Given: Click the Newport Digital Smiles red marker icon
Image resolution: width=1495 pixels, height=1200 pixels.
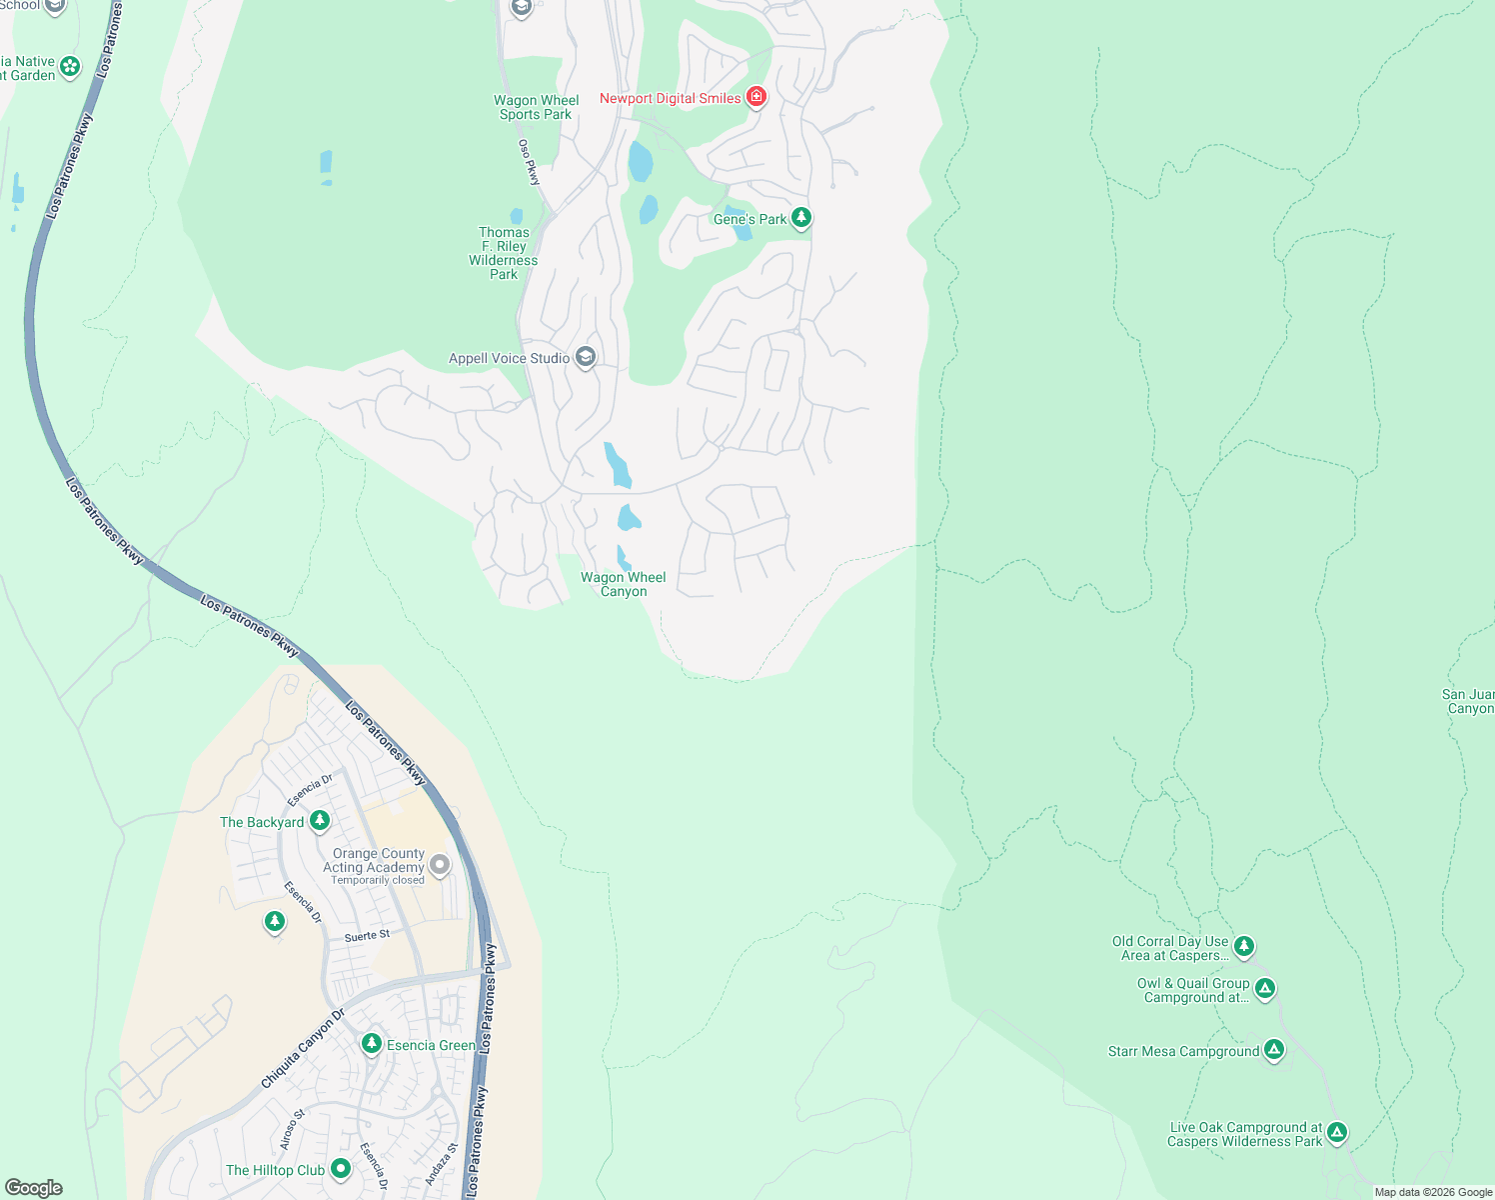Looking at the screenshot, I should [756, 97].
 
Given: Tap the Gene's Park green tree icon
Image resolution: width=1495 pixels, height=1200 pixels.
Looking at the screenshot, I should [800, 218].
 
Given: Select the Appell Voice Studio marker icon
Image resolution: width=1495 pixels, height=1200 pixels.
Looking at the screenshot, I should [586, 357].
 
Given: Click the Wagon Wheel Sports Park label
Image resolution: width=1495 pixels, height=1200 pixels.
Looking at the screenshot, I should [536, 107].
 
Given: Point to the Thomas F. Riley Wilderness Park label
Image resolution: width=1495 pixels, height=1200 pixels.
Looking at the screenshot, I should [504, 253].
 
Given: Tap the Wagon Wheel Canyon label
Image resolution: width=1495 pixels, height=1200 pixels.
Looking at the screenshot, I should [624, 584].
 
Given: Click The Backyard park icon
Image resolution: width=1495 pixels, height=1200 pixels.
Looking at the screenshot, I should [320, 821].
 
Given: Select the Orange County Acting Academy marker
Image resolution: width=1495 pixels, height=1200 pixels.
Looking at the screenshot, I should [439, 864].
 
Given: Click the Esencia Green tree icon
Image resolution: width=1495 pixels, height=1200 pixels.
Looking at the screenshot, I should [372, 1044].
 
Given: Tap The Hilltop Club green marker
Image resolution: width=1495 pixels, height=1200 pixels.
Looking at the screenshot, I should [341, 1168].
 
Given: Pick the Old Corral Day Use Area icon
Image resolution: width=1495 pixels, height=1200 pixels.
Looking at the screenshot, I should [1243, 946].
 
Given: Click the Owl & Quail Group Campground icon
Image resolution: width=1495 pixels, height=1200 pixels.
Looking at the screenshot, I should [1265, 989].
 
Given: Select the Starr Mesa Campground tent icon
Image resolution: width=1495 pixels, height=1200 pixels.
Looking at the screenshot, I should [1273, 1050].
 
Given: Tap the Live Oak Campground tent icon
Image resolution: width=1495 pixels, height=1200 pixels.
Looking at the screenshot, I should [1337, 1133].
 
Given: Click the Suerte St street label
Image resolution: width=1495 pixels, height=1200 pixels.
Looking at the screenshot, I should [367, 936].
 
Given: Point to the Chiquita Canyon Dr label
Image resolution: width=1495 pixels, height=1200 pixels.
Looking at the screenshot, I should [302, 1048].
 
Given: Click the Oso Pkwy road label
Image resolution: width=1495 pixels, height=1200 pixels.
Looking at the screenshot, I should [530, 161].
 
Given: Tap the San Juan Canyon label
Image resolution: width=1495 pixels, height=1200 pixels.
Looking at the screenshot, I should [1468, 701].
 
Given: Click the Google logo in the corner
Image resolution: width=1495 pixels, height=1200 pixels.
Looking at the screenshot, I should [33, 1188].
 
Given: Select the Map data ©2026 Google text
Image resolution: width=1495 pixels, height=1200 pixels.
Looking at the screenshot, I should [1433, 1192].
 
